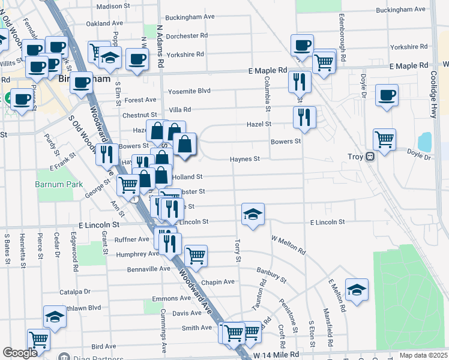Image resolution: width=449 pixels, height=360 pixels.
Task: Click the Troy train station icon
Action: pos(370,157)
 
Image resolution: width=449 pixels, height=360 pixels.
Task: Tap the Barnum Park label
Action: pos(59,184)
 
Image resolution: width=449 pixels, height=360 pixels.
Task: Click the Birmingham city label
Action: pos(85,79)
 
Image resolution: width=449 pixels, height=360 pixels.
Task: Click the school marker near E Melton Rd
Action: pos(357,290)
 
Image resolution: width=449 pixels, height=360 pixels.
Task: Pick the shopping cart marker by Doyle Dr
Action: pos(384,140)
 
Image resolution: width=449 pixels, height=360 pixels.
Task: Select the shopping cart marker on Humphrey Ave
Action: pos(196,256)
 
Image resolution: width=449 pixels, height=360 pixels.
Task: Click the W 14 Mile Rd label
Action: pos(276,355)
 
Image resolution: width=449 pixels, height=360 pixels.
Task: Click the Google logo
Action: pos(20,353)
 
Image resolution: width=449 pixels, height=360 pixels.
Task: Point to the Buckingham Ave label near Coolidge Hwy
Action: pos(401,10)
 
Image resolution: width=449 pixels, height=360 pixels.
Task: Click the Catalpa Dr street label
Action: pos(74,292)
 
